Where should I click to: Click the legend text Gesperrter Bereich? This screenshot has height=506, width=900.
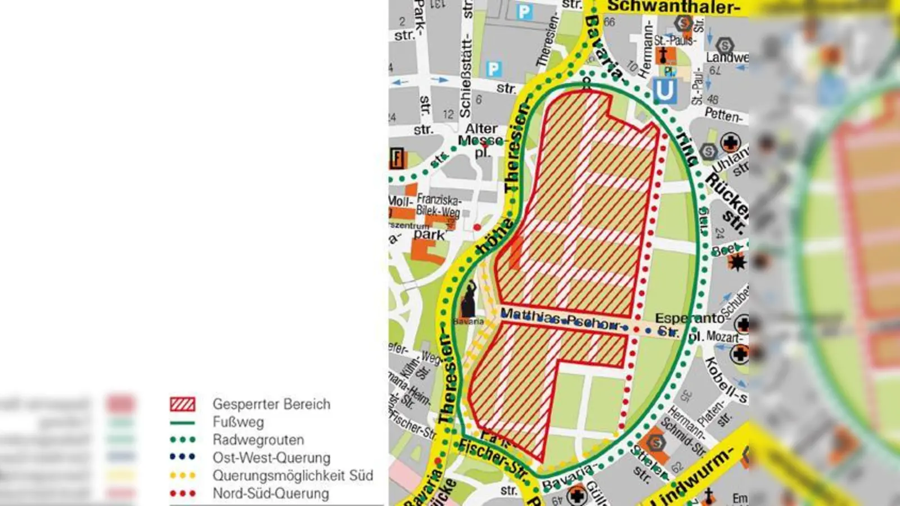click(271, 404)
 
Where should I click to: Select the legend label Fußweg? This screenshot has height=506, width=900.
click(238, 422)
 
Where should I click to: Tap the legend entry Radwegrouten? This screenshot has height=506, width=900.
click(258, 440)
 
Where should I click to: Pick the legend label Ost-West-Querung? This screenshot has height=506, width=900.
click(271, 458)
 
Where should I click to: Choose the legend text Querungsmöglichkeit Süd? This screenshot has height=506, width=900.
click(292, 476)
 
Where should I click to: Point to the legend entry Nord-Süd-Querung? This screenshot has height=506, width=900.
click(271, 494)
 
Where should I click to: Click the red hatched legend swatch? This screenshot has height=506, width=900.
click(183, 404)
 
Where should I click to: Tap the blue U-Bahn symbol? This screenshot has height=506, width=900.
click(664, 91)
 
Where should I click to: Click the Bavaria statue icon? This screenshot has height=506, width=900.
click(469, 301)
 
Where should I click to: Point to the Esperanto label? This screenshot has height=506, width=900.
click(690, 318)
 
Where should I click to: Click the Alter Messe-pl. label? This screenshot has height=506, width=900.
click(481, 140)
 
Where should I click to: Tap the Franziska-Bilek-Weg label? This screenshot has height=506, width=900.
click(438, 205)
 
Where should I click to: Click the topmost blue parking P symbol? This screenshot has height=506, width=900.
click(524, 12)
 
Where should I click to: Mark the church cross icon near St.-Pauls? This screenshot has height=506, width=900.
click(664, 55)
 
